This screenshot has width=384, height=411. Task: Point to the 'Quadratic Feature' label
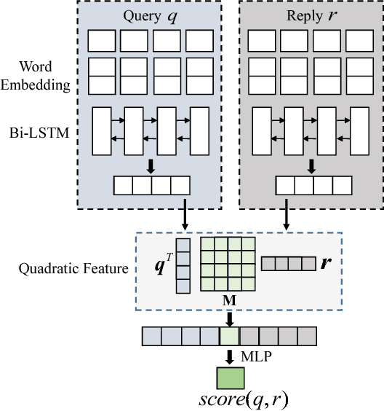[73, 269]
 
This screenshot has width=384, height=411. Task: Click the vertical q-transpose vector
[183, 265]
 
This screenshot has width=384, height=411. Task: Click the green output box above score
[229, 377]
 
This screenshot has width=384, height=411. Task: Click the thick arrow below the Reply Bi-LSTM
[311, 167]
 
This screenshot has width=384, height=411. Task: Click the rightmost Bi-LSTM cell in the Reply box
[360, 131]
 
